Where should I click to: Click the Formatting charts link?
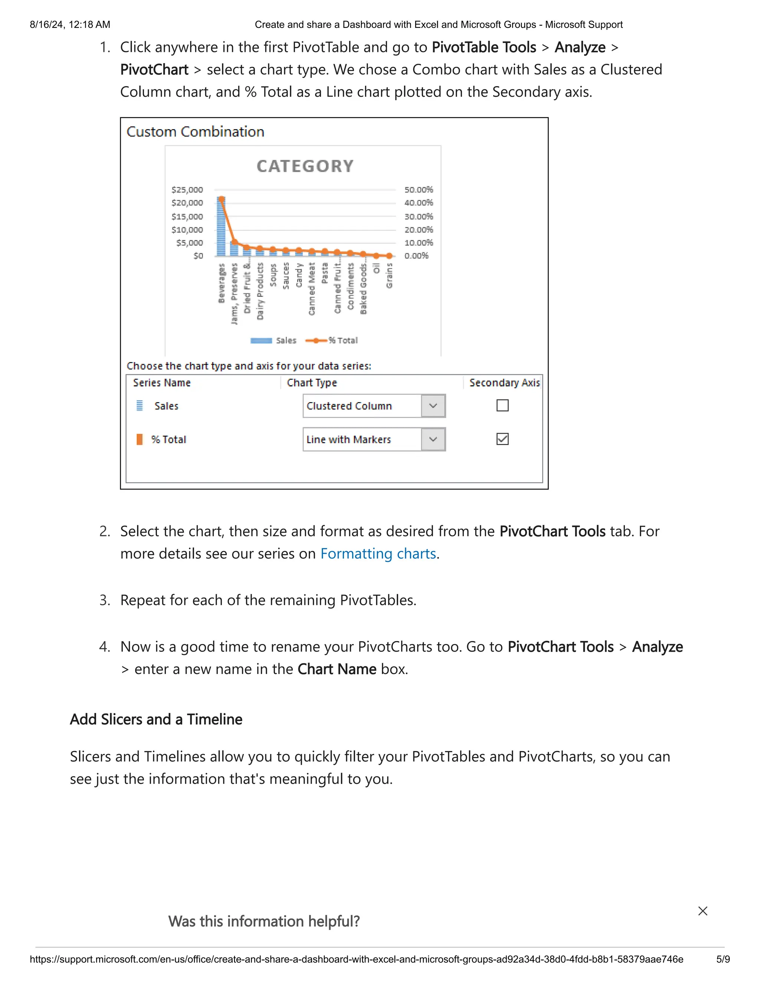(x=378, y=553)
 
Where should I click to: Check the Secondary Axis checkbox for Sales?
(x=502, y=405)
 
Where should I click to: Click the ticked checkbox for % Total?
(x=502, y=439)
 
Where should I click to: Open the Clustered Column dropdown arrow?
(x=433, y=406)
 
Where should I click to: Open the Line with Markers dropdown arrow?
(x=433, y=439)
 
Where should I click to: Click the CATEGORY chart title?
(x=305, y=166)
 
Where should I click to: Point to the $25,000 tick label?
(x=187, y=190)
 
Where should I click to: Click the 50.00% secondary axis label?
(x=418, y=190)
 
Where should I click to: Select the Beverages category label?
(x=221, y=283)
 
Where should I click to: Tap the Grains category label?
(x=389, y=276)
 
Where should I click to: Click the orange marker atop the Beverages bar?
(x=222, y=199)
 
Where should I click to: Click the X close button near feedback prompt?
(x=702, y=911)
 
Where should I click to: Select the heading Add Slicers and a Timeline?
(x=156, y=719)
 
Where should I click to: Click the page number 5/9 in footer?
(x=723, y=959)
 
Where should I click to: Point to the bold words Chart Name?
(x=336, y=669)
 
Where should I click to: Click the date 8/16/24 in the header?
(x=46, y=25)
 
